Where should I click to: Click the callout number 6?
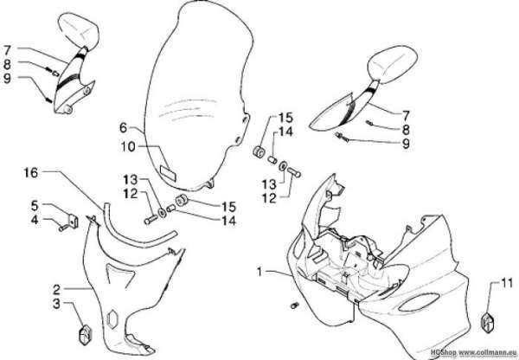point(123,127)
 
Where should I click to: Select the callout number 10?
point(128,146)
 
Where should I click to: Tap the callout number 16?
point(31,172)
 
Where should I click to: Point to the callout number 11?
point(507,283)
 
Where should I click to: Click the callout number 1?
point(259,273)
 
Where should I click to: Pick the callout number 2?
point(56,290)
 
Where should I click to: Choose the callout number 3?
point(56,304)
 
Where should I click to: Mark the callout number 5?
point(35,206)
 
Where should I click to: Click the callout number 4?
point(35,220)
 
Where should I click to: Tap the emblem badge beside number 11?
point(487,322)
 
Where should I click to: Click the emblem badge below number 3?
point(85,335)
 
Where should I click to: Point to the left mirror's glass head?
point(79,29)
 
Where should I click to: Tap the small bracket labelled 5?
point(74,221)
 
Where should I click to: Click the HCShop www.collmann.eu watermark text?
point(474,353)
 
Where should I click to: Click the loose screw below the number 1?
point(294,305)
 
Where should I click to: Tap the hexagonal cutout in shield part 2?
point(112,319)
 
